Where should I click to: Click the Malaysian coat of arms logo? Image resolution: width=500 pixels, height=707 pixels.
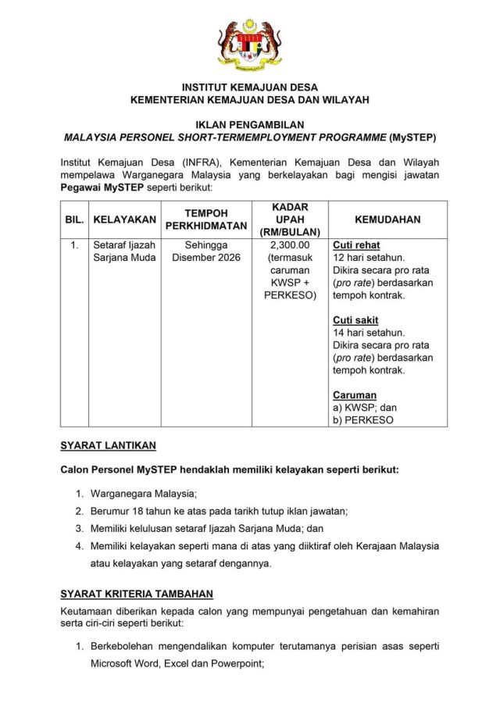coord(249,45)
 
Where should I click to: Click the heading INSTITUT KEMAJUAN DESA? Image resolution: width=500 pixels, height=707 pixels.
coord(249,87)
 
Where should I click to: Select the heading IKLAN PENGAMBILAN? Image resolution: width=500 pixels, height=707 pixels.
coord(249,124)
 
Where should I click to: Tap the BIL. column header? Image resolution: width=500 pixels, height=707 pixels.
coord(73,220)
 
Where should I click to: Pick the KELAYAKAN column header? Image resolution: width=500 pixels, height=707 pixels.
coord(124,220)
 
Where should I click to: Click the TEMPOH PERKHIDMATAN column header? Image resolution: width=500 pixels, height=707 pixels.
coord(206,220)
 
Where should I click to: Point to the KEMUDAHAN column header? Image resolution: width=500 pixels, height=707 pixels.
coord(387,220)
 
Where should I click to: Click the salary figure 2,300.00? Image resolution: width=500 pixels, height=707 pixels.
coord(290,245)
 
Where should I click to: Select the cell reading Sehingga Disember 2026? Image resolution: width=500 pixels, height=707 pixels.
coord(206,251)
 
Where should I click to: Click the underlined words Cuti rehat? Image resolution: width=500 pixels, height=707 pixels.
coord(356,245)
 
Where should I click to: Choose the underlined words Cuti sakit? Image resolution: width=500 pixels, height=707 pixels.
coord(356,320)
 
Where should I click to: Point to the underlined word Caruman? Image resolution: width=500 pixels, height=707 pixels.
coord(355,395)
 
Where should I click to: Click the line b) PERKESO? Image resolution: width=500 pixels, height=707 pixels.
coord(362,420)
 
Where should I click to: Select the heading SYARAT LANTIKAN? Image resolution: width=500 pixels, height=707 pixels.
coord(108,445)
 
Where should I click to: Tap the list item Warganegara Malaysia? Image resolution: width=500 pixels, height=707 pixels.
coord(144,494)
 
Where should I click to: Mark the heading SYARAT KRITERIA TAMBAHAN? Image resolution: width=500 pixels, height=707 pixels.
coord(137,594)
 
